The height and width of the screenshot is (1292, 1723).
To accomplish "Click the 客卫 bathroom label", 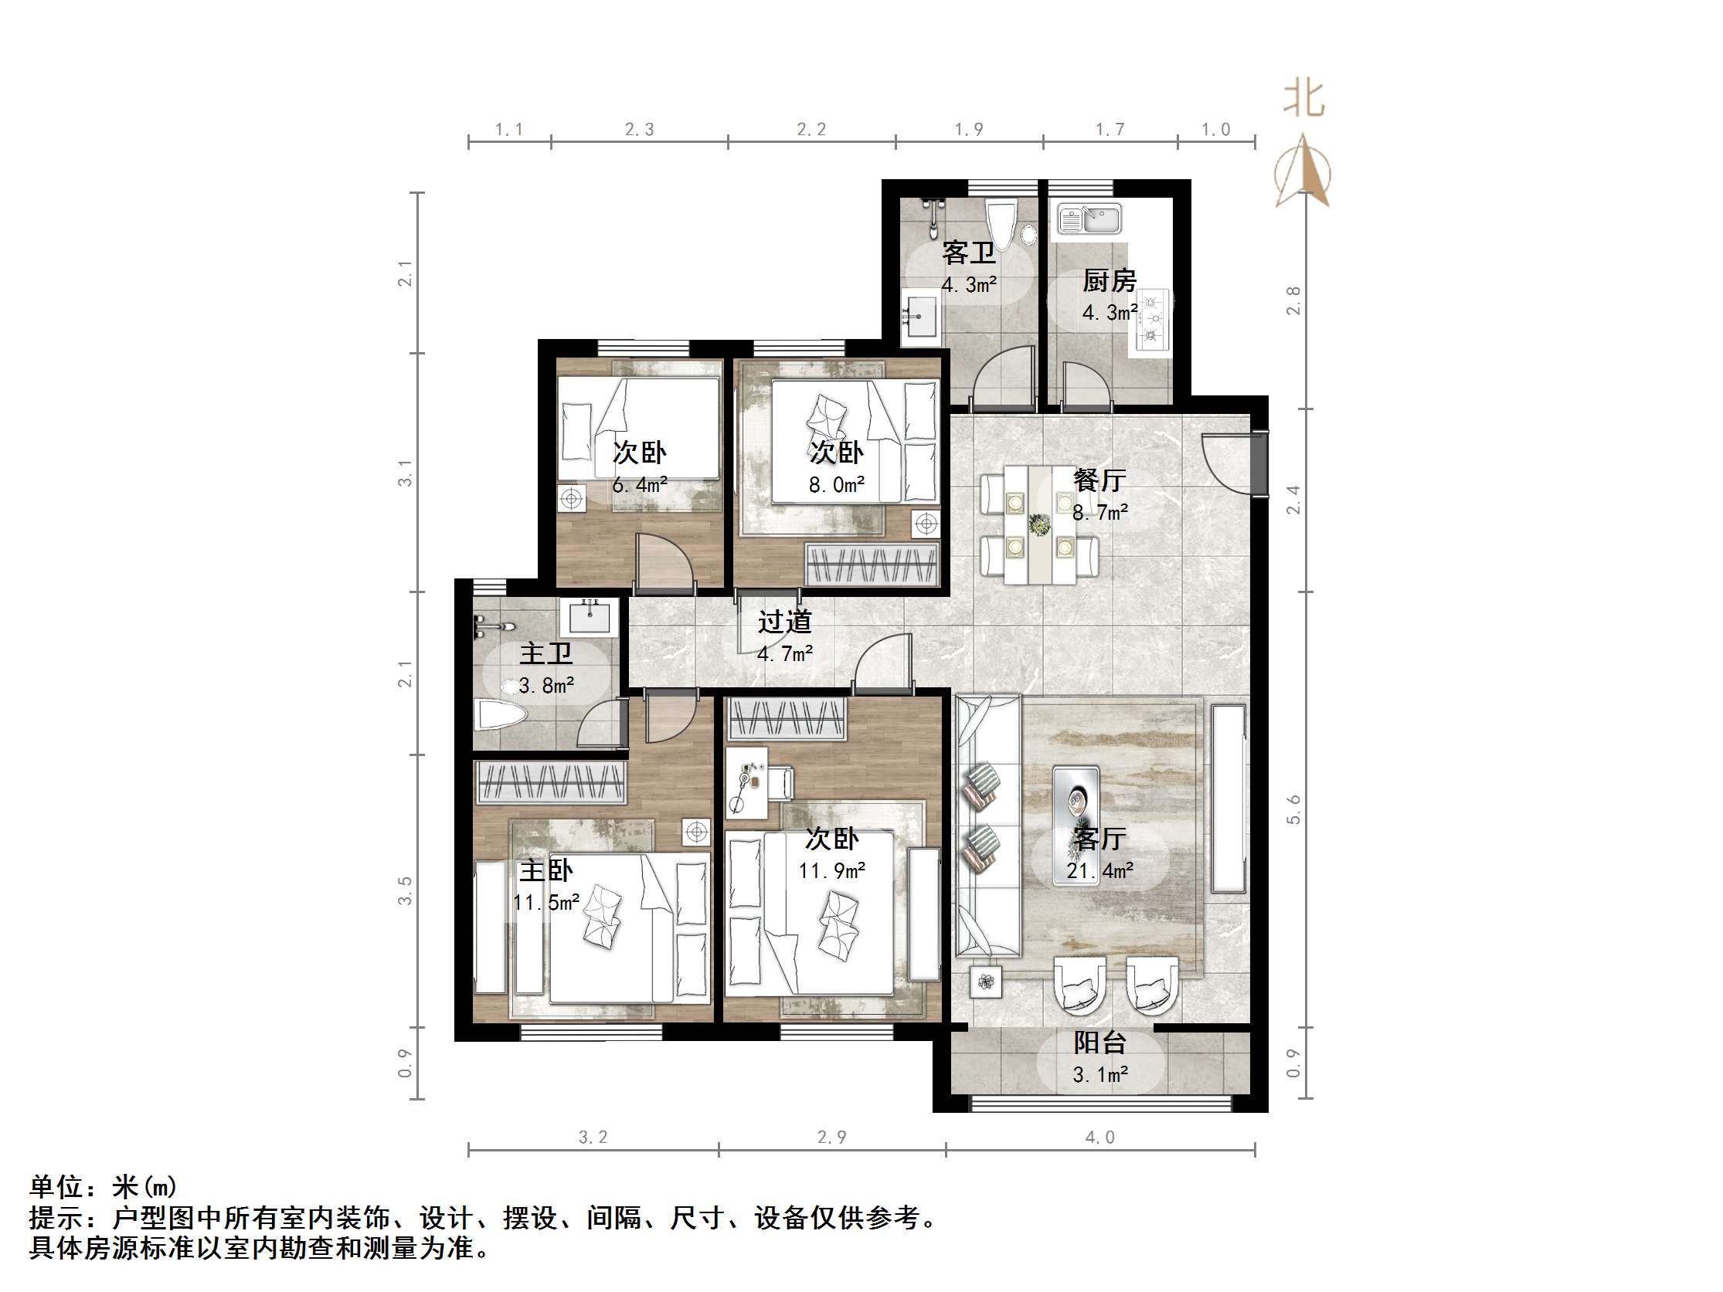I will pyautogui.click(x=968, y=253).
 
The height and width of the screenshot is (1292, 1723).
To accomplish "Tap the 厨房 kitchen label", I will pyautogui.click(x=1110, y=280).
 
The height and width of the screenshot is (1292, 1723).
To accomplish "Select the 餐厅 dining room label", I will pyautogui.click(x=1099, y=480).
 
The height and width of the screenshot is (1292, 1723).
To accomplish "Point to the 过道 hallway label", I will pyautogui.click(x=784, y=622).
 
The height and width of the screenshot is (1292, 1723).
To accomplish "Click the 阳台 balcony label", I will pyautogui.click(x=1099, y=1043).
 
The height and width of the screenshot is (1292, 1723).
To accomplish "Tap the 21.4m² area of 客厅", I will pyautogui.click(x=1099, y=870).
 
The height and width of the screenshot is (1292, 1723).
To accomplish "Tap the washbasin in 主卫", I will pyautogui.click(x=593, y=618).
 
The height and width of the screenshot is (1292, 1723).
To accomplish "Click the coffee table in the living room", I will pyautogui.click(x=1076, y=802).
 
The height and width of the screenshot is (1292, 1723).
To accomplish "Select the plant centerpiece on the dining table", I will pyautogui.click(x=1038, y=525).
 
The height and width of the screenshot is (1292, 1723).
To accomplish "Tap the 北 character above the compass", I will pyautogui.click(x=1304, y=100).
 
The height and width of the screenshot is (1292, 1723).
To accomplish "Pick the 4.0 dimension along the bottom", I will pyautogui.click(x=1099, y=1138).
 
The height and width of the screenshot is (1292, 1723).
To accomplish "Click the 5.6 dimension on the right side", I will pyautogui.click(x=1293, y=810).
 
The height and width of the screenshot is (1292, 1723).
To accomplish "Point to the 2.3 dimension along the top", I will pyautogui.click(x=640, y=130).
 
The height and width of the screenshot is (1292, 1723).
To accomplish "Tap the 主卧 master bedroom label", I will pyautogui.click(x=545, y=870).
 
